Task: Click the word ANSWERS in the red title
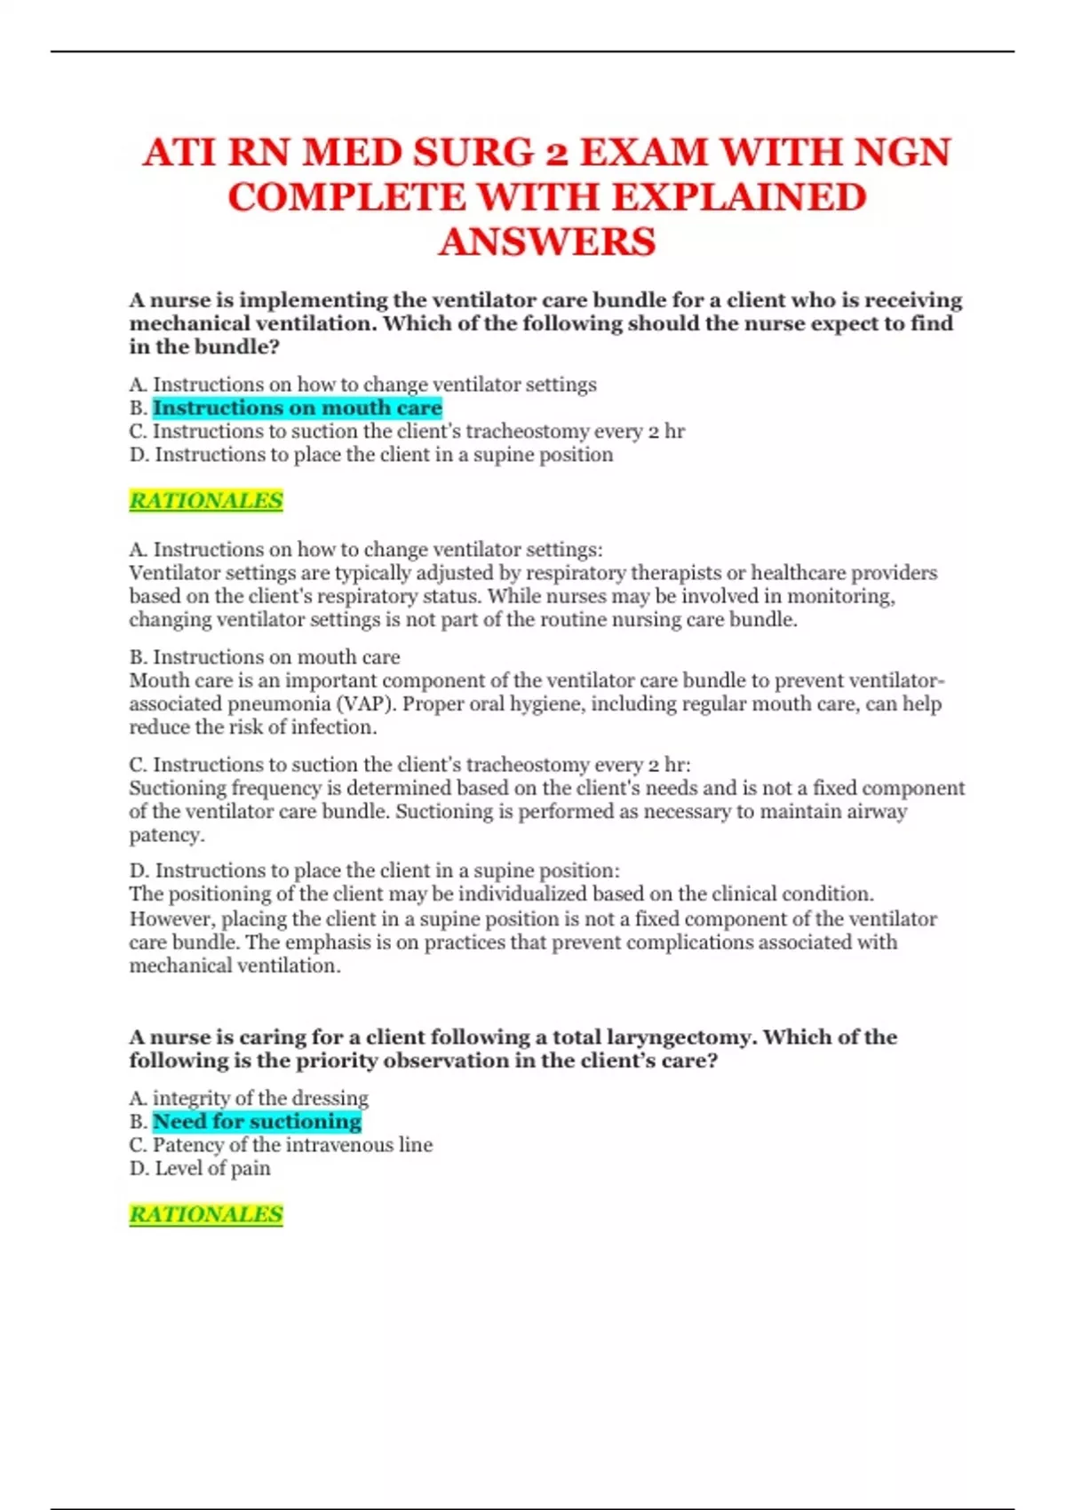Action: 546,242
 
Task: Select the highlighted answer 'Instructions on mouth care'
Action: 297,408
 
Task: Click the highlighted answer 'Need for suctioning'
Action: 257,1122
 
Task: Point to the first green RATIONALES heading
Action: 206,501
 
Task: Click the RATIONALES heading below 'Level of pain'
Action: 206,1214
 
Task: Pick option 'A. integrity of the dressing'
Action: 249,1098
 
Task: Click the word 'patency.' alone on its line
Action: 167,835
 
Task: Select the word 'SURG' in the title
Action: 473,152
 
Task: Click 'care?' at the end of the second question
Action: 683,1061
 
